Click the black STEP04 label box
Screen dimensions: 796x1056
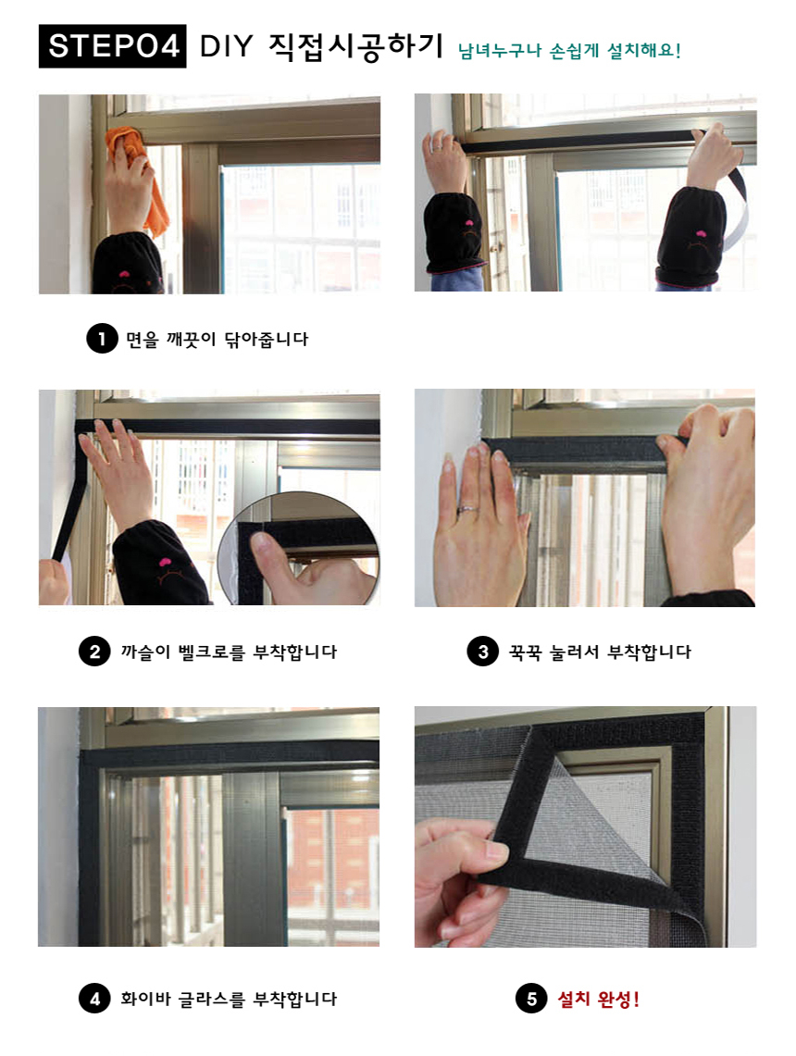pyautogui.click(x=113, y=45)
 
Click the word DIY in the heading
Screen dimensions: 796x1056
pyautogui.click(x=226, y=45)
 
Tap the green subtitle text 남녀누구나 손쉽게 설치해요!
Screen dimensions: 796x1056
pyautogui.click(x=569, y=51)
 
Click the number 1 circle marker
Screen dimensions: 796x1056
pyautogui.click(x=102, y=338)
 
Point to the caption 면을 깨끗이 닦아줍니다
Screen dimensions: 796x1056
pyautogui.click(x=217, y=339)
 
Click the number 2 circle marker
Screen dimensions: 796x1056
pyautogui.click(x=95, y=652)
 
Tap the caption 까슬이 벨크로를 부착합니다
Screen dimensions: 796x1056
pyautogui.click(x=229, y=652)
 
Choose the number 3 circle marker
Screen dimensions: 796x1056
pyautogui.click(x=483, y=652)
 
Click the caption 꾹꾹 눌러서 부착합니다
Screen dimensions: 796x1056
pyautogui.click(x=600, y=652)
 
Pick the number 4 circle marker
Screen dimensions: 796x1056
pyautogui.click(x=95, y=998)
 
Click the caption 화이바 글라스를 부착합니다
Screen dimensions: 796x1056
pyautogui.click(x=229, y=999)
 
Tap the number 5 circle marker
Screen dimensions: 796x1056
pyautogui.click(x=532, y=998)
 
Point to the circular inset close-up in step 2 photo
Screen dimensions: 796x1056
pyautogui.click(x=298, y=548)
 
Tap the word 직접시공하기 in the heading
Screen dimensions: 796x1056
pyautogui.click(x=356, y=45)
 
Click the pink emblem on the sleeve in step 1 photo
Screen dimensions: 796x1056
pyautogui.click(x=124, y=274)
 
